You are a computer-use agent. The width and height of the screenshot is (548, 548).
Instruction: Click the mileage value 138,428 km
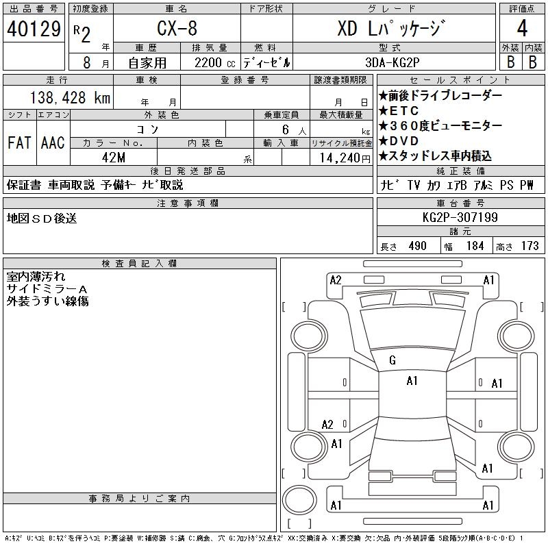pos(68,98)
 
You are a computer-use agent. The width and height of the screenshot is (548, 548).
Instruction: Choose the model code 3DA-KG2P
pos(393,62)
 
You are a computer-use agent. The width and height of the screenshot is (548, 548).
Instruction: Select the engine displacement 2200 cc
pos(206,62)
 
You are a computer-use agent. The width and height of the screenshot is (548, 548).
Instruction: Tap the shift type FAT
pos(18,143)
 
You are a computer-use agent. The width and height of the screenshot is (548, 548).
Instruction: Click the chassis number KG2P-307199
pos(460,218)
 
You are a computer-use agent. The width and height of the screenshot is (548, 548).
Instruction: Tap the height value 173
pos(529,246)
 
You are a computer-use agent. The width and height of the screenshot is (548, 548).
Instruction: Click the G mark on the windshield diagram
pos(393,360)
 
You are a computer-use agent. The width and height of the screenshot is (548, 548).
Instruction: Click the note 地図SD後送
pos(42,218)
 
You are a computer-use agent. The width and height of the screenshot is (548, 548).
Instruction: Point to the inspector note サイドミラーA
pos(47,289)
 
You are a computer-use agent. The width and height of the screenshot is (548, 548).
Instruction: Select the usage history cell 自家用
pos(148,62)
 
